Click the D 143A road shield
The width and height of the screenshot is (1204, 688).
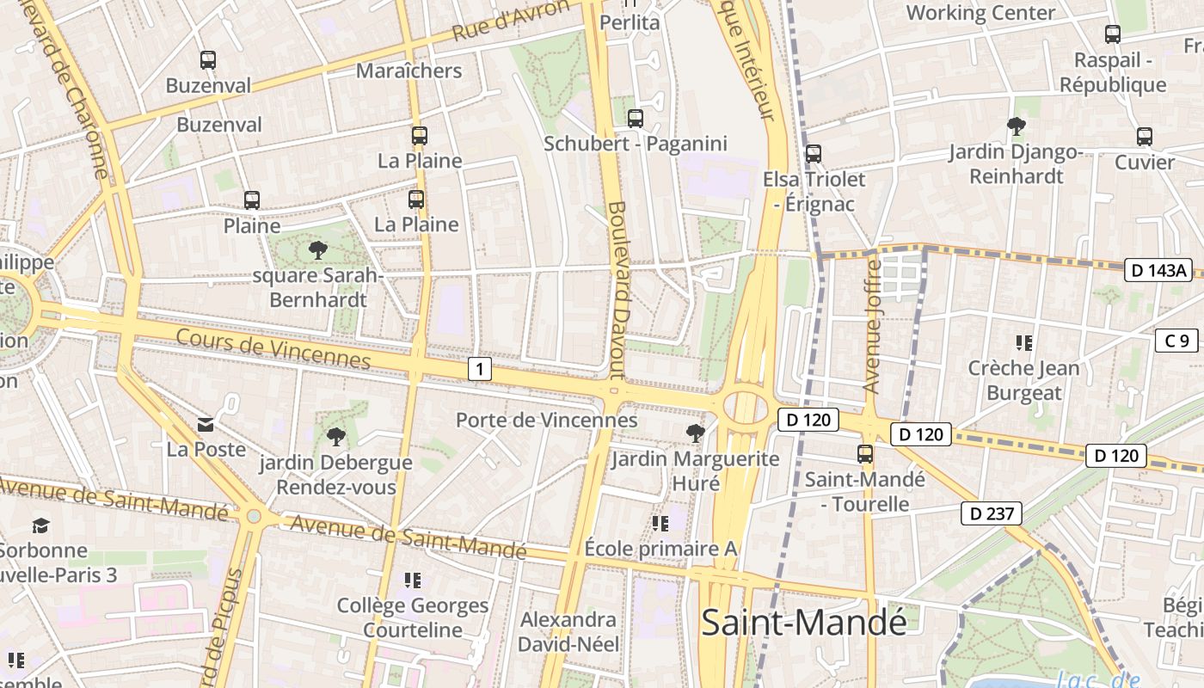1158,270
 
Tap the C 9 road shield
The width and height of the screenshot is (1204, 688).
1176,341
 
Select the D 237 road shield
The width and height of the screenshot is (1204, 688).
992,514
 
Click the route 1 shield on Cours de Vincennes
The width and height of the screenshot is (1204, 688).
479,370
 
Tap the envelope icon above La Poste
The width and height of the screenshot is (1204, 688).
206,424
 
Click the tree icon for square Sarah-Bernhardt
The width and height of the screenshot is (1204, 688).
317,251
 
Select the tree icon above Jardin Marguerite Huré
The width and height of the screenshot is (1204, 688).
695,433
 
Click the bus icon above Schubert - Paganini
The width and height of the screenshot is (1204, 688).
636,119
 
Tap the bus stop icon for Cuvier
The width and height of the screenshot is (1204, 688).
1144,137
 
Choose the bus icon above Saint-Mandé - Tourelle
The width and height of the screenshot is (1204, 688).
864,454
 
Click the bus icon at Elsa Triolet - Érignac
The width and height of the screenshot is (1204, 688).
813,154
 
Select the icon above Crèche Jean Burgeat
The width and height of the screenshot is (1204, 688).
1023,343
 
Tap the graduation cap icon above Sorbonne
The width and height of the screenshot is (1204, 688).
40,525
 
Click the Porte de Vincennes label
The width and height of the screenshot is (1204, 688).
546,420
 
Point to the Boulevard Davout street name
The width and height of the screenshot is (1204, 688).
617,290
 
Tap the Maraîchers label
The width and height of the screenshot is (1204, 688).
408,71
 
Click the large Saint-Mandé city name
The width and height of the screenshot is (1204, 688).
803,622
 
